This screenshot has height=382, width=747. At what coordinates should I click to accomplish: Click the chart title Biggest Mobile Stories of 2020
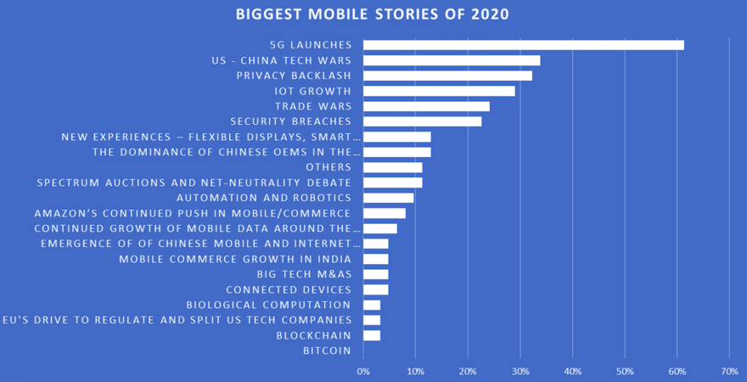pyautogui.click(x=373, y=14)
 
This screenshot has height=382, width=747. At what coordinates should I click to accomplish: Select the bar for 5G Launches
pyautogui.click(x=523, y=45)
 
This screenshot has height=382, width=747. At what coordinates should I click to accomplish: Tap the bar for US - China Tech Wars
pyautogui.click(x=452, y=60)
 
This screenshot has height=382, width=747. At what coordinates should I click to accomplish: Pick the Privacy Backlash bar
pyautogui.click(x=447, y=76)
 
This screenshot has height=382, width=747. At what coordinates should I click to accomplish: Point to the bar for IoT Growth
pyautogui.click(x=439, y=91)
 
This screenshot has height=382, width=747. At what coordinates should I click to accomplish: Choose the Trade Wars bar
pyautogui.click(x=426, y=106)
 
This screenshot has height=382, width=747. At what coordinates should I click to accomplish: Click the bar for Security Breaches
pyautogui.click(x=422, y=121)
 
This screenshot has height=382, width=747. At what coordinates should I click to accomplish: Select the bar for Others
pyautogui.click(x=392, y=167)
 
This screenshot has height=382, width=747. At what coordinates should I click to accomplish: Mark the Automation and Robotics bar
pyautogui.click(x=388, y=198)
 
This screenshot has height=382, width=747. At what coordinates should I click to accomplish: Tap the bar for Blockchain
pyautogui.click(x=372, y=335)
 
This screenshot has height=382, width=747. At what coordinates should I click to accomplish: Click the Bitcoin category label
pyautogui.click(x=327, y=351)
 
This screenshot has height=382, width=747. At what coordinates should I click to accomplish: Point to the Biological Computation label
pyautogui.click(x=268, y=305)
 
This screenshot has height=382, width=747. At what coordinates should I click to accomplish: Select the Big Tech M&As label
pyautogui.click(x=304, y=274)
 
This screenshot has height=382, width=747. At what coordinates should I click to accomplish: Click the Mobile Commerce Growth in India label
pyautogui.click(x=234, y=259)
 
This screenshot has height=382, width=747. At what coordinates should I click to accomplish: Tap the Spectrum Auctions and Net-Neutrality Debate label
pyautogui.click(x=194, y=183)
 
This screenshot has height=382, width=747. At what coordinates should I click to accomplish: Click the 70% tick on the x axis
pyautogui.click(x=729, y=371)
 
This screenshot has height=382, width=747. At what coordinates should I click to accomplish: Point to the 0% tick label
pyautogui.click(x=363, y=371)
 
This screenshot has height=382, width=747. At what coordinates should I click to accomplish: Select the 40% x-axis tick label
pyautogui.click(x=572, y=371)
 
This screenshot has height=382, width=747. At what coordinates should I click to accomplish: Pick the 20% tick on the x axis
pyautogui.click(x=468, y=371)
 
